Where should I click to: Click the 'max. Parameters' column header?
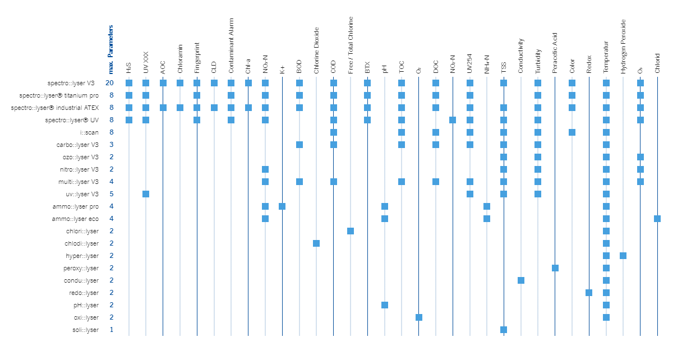tap(111, 49)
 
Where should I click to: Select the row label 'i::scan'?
tap(89, 132)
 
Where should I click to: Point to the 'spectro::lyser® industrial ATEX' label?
tap(55, 108)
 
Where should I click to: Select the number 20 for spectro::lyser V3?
tap(110, 83)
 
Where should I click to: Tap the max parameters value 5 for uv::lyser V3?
tap(111, 194)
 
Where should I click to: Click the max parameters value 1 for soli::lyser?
tap(111, 330)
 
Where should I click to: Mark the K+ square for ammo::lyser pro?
tap(282, 206)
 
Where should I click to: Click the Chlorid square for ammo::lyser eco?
tap(657, 219)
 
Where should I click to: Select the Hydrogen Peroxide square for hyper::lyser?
tap(623, 256)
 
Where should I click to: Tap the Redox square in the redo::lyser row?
tap(589, 293)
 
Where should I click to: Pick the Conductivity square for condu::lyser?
tap(521, 280)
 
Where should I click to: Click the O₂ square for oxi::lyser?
tap(419, 317)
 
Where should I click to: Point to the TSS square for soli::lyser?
tap(504, 330)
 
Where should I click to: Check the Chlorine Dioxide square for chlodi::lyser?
tap(316, 243)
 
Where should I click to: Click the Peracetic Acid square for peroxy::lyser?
tap(555, 268)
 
